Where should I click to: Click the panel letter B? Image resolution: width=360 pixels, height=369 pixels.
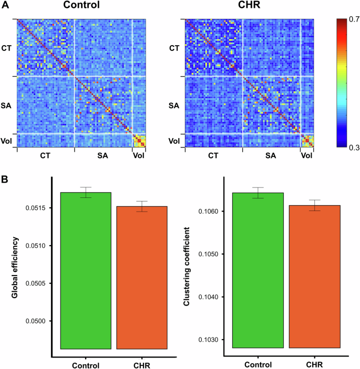tap(5, 180)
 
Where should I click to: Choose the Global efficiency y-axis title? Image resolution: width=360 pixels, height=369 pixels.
tap(14, 268)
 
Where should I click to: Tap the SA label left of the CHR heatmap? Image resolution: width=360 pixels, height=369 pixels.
tap(173, 106)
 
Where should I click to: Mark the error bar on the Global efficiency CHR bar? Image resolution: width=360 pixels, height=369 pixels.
tap(141, 206)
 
